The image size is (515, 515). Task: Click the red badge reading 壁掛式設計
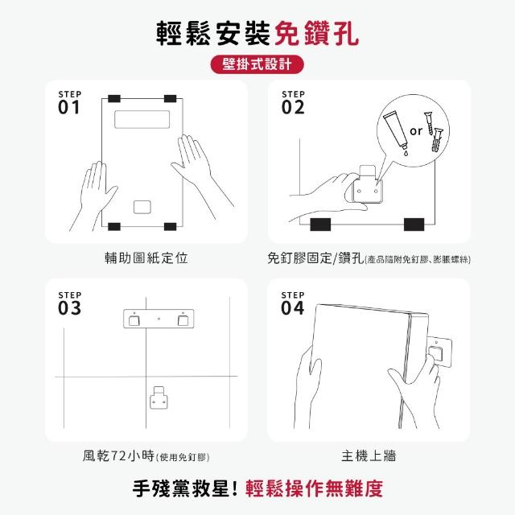coord(257,64)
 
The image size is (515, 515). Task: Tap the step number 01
coord(69,107)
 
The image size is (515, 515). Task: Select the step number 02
coord(293,107)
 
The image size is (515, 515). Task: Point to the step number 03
coord(69,308)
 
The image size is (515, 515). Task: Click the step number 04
coord(293,308)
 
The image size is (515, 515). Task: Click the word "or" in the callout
coord(416,131)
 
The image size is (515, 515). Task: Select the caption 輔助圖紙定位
coord(146,257)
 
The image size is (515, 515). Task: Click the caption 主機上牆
coord(369,456)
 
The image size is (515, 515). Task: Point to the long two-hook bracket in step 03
coord(159,319)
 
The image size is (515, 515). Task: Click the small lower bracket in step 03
coord(159,398)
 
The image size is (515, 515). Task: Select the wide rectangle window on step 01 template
coord(142,119)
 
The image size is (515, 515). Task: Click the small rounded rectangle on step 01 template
coord(142,207)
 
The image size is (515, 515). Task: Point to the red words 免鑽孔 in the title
coord(316,34)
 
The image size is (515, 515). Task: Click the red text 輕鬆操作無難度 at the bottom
coord(315,488)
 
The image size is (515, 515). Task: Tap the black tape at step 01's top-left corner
coord(114,98)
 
